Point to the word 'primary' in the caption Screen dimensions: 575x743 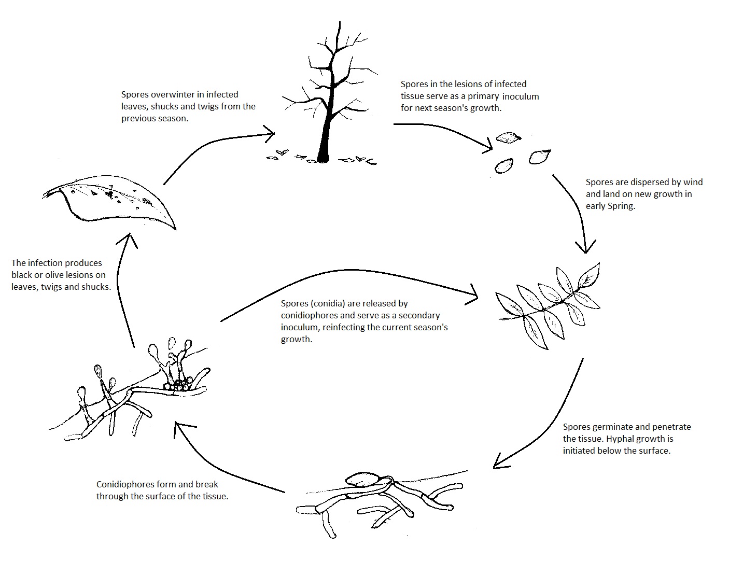click(483, 96)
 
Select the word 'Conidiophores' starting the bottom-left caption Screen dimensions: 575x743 click(123, 484)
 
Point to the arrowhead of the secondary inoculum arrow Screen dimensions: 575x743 click(474, 296)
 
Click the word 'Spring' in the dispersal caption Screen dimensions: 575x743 click(622, 206)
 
